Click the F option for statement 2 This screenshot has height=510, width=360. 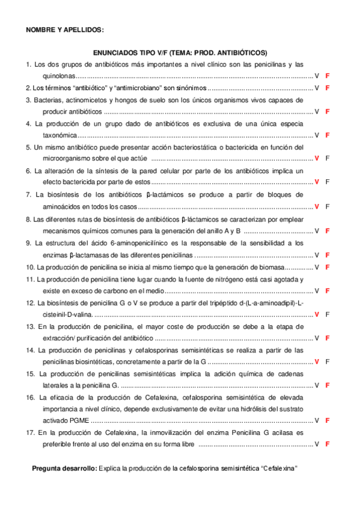click(328, 88)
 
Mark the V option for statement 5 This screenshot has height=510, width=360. click(317, 159)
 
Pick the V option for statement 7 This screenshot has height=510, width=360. click(317, 206)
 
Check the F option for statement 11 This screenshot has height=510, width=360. click(328, 291)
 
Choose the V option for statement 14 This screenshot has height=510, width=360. click(317, 361)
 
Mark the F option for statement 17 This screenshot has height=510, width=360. click(328, 444)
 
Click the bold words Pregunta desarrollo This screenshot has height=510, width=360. click(64, 467)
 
